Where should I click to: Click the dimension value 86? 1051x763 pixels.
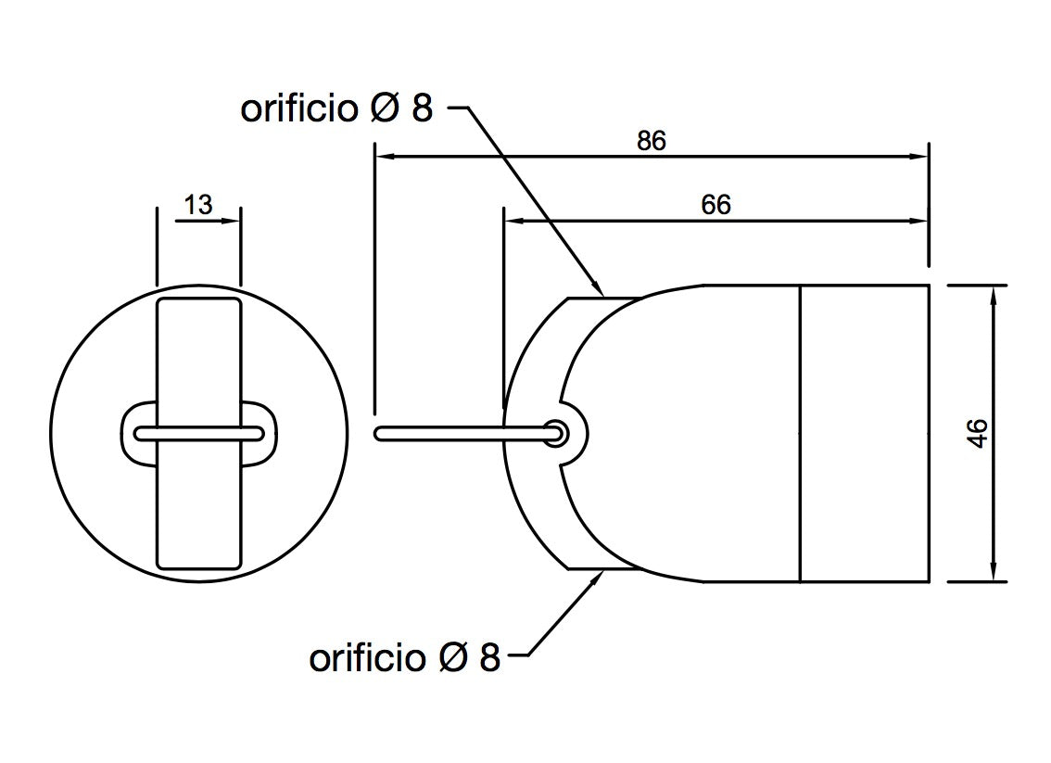(x=652, y=141)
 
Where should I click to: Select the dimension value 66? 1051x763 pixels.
(x=715, y=204)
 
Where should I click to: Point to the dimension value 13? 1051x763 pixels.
(x=197, y=204)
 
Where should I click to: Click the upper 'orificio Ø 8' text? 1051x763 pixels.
(x=336, y=108)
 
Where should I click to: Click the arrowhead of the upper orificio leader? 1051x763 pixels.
(x=599, y=288)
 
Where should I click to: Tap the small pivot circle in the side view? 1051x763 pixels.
(x=558, y=432)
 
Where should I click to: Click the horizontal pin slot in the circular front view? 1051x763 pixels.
(x=198, y=432)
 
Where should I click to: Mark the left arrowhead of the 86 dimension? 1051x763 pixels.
(x=383, y=157)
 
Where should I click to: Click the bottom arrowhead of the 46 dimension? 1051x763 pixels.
(x=994, y=574)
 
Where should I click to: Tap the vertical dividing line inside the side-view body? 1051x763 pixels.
(x=800, y=434)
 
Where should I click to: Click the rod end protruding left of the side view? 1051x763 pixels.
(x=380, y=432)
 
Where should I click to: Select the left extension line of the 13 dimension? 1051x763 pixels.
(x=157, y=246)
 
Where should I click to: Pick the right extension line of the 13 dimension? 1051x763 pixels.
(x=240, y=246)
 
